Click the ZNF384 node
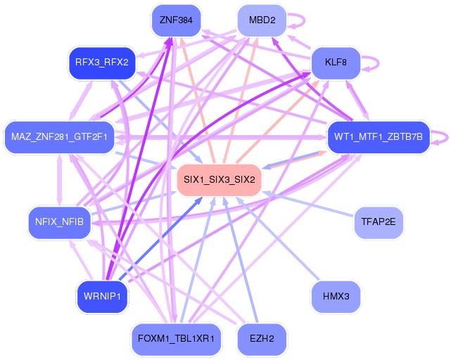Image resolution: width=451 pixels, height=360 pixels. (x=176, y=20)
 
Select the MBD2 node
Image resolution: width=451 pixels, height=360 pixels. (x=262, y=20)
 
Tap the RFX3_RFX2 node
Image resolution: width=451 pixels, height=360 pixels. (x=102, y=63)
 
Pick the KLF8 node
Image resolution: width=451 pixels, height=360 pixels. (x=336, y=63)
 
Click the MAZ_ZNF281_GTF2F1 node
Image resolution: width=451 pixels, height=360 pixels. (x=59, y=137)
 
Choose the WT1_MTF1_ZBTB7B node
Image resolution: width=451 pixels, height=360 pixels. (x=379, y=137)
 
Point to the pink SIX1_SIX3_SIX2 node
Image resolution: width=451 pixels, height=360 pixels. (x=220, y=180)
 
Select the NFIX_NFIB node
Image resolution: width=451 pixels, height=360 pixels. (x=59, y=222)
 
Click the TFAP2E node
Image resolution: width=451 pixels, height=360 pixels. (x=379, y=222)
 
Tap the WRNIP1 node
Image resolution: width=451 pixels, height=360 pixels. (x=102, y=297)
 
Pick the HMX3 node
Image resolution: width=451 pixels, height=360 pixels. (x=336, y=297)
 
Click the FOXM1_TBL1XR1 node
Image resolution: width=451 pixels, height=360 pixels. (x=176, y=339)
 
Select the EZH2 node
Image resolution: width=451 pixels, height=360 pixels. (x=262, y=339)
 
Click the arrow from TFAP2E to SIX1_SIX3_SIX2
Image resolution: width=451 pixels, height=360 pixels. (x=307, y=205)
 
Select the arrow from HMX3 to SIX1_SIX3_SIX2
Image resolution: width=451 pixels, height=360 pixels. (x=278, y=238)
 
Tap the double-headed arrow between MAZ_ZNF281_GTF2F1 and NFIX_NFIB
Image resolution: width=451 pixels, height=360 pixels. (x=59, y=180)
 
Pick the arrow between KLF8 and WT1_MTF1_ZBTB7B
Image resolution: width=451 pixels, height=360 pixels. (x=357, y=101)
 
